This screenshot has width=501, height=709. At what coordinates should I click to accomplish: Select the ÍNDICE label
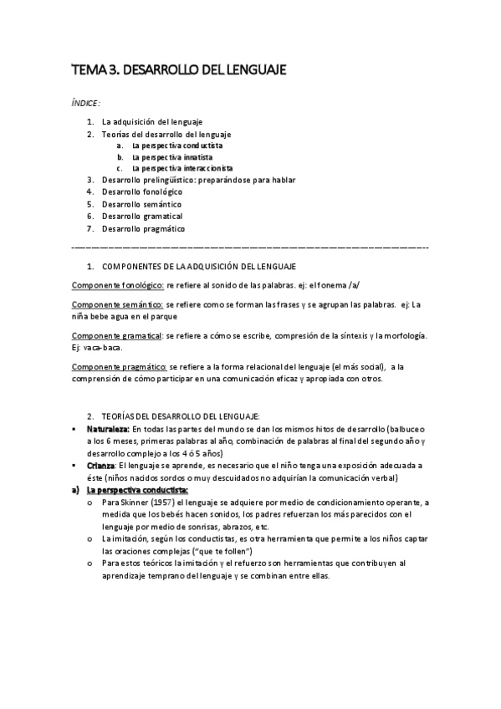85,103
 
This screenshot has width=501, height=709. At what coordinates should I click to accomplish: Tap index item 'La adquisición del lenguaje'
151,122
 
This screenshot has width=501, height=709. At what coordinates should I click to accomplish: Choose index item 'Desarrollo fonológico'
141,191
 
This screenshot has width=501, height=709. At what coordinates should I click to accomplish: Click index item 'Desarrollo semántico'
141,203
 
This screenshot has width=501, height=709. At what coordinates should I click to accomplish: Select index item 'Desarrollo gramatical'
141,216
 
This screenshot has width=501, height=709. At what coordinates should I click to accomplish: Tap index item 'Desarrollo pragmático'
143,228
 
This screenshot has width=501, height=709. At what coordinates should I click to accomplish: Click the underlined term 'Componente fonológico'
117,285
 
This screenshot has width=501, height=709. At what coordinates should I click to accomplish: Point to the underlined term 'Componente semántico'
117,304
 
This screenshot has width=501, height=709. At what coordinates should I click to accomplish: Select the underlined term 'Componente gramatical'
116,335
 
